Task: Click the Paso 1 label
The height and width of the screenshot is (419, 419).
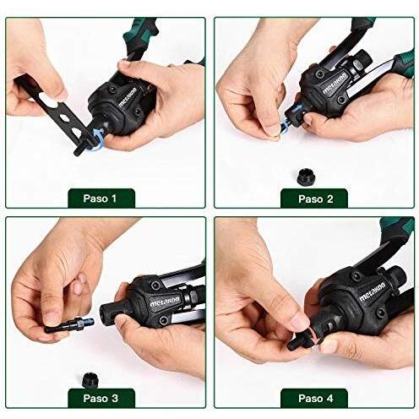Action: click(100, 199)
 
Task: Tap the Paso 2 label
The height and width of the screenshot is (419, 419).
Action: click(316, 199)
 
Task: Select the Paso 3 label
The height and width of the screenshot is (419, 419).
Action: click(101, 399)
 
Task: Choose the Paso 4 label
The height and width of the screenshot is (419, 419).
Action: click(316, 399)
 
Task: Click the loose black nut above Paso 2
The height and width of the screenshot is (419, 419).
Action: click(305, 177)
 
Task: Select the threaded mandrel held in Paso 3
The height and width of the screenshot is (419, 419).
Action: click(70, 325)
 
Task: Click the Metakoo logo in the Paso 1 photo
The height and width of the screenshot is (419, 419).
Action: click(128, 97)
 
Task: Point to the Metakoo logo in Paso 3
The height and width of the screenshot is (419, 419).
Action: click(165, 302)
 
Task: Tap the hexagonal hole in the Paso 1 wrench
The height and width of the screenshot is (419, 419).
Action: click(64, 117)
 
